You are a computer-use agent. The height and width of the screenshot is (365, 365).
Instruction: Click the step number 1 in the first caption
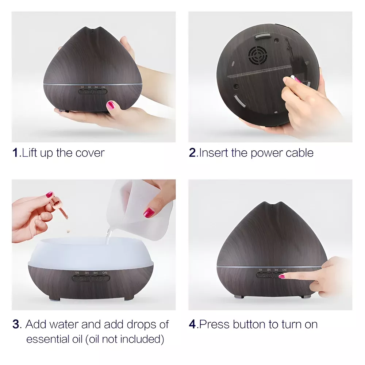[x=15, y=153]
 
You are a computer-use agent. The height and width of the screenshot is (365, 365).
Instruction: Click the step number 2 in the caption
[x=192, y=153]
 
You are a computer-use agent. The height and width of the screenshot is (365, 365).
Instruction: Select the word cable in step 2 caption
[x=299, y=153]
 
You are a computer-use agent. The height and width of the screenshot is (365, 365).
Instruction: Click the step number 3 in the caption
[x=16, y=324]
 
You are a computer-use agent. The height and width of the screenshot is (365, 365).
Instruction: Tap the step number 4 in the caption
[x=192, y=324]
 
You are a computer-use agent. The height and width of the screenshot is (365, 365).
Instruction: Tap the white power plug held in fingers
[x=293, y=77]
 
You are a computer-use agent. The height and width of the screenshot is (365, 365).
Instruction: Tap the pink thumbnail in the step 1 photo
[x=111, y=105]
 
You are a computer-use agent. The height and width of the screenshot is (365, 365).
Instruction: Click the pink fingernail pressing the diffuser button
[x=281, y=277]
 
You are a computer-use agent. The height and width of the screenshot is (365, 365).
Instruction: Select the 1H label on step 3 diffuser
[x=77, y=273]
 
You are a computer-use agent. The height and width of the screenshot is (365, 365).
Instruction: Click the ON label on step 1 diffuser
[x=103, y=87]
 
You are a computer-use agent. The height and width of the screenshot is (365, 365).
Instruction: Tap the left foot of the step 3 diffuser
[x=54, y=298]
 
